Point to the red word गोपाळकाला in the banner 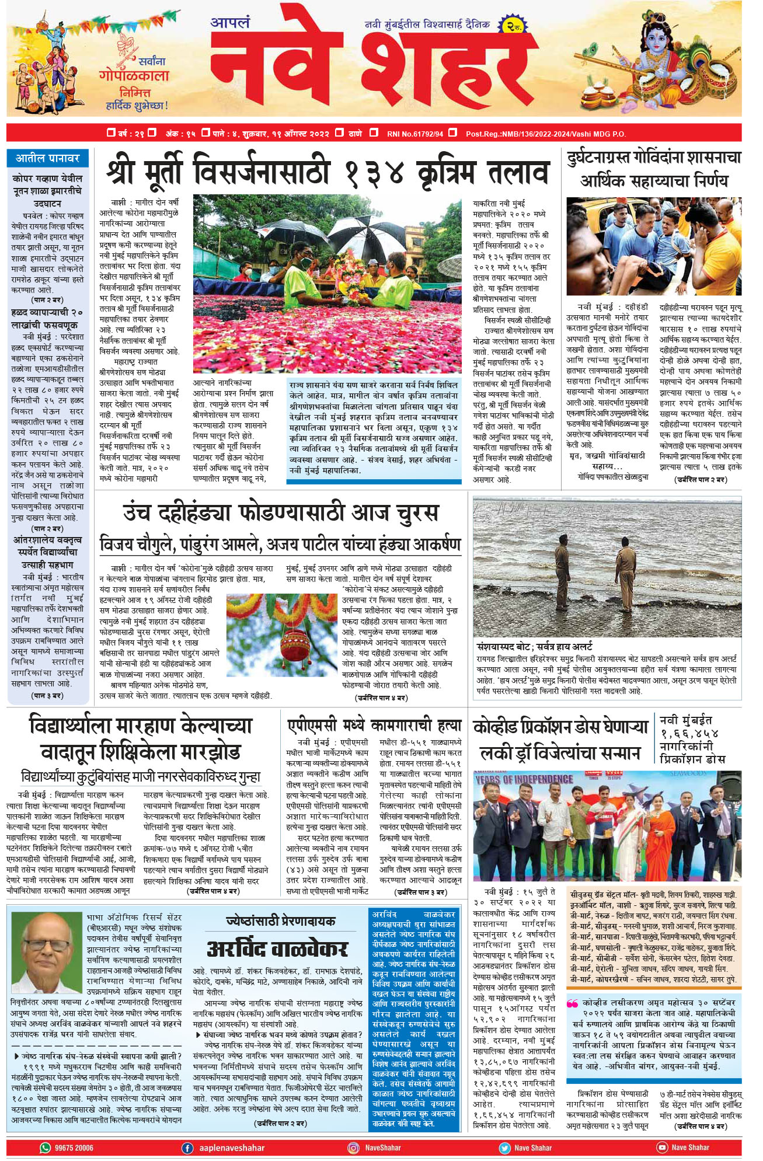(134, 76)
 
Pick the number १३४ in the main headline (374, 173)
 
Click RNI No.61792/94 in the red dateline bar (415, 134)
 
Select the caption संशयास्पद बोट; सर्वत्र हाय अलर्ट (534, 646)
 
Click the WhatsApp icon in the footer (45, 1148)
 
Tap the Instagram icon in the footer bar (353, 1148)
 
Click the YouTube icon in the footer (662, 1148)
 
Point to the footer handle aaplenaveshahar (232, 1148)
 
